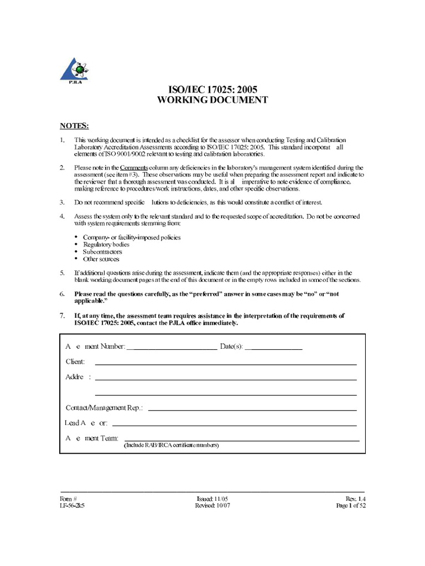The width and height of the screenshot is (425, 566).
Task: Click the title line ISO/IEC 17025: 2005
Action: [212, 89]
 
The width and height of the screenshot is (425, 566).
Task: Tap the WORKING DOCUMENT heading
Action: [212, 100]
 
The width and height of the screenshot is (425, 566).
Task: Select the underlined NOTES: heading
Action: [74, 126]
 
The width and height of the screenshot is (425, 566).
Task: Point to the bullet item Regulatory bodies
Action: [106, 244]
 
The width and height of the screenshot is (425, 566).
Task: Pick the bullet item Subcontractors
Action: [102, 251]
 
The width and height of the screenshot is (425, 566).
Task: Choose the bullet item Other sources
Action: [101, 259]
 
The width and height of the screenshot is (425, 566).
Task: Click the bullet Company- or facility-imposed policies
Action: [132, 237]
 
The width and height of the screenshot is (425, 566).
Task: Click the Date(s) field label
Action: [231, 347]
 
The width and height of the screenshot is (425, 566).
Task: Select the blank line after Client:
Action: [226, 365]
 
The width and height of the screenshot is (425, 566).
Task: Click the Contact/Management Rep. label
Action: [104, 407]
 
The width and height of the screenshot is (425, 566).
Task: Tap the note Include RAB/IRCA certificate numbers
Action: [171, 445]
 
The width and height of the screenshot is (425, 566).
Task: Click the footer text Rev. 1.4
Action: [355, 499]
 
